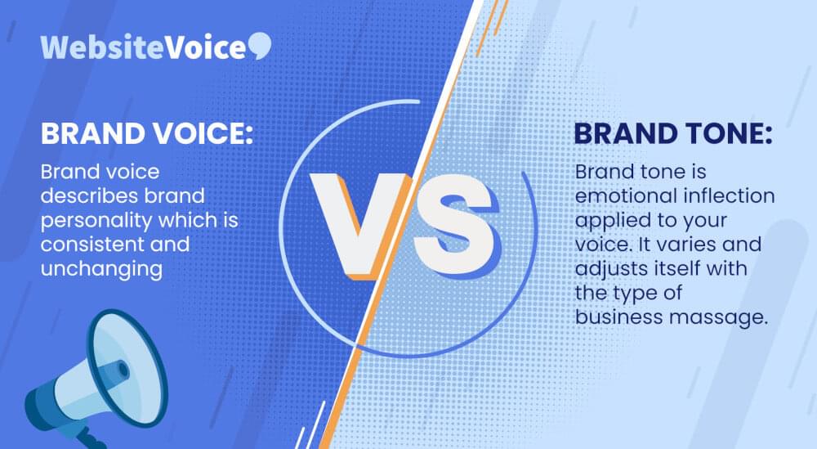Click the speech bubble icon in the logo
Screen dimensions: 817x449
260,45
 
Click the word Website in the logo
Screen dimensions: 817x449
103,47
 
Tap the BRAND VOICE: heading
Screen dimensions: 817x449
147,133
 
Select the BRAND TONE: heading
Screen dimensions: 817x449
673,133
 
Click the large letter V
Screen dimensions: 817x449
359,224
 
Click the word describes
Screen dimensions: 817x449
89,196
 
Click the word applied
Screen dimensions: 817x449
609,221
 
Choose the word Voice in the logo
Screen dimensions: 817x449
206,47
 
